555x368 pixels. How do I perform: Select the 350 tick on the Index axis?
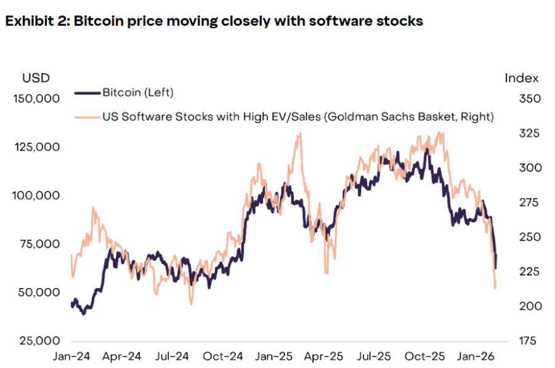tap(522, 99)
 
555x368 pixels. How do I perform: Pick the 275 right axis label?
tap(522, 203)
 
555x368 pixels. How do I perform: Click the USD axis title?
tap(36, 78)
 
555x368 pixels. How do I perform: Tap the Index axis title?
tap(522, 78)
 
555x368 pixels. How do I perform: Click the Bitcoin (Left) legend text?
tap(138, 93)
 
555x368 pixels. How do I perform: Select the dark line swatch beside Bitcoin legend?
tap(87, 93)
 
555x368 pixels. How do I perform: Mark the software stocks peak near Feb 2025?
tap(300, 134)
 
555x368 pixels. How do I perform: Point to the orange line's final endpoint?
tap(495, 287)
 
